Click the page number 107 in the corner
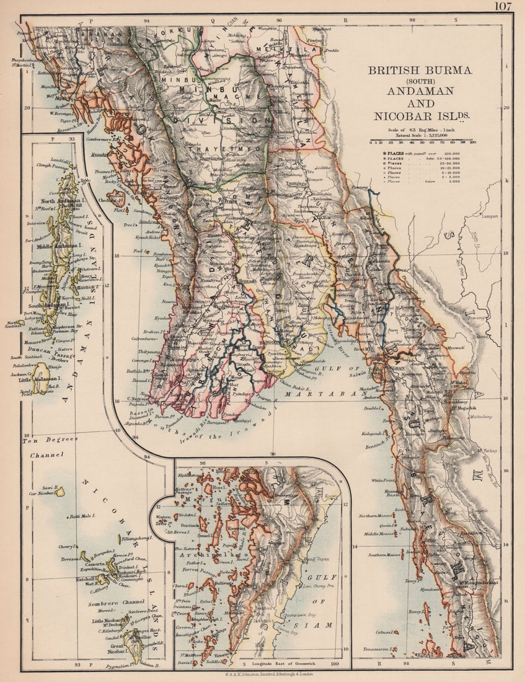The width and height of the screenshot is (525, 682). tap(503, 7)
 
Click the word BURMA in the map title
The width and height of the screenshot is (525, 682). tap(451, 70)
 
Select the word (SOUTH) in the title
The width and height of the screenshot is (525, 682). tap(420, 81)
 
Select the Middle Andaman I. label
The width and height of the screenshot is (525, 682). tap(53, 246)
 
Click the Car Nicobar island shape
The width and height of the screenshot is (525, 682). tap(60, 491)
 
